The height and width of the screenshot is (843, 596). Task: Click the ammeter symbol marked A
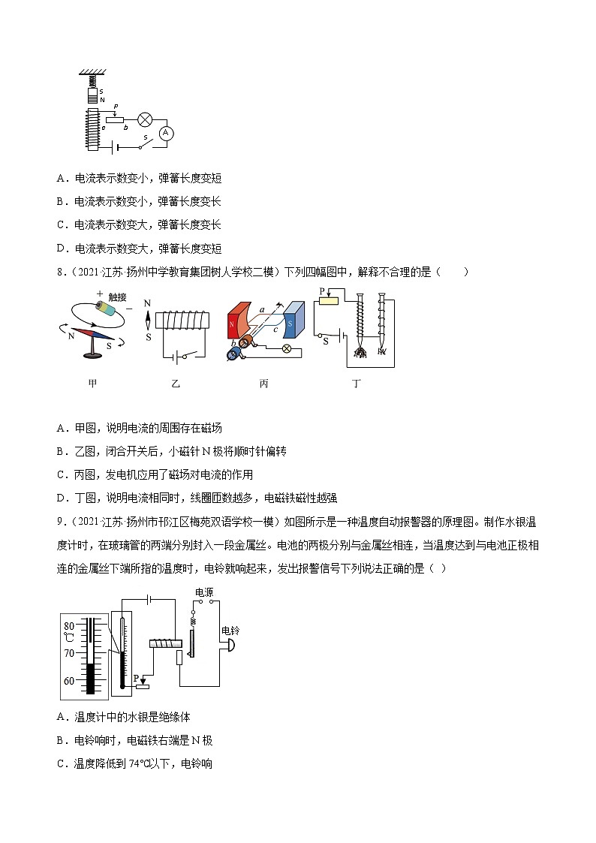tap(168, 132)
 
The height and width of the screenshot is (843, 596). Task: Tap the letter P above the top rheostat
tap(116, 107)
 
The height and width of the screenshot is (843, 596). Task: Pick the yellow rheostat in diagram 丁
tap(330, 301)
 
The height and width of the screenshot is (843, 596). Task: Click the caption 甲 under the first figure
tap(92, 383)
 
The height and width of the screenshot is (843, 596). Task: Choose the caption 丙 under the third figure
tap(263, 383)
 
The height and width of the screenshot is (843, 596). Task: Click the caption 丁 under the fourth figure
tap(357, 383)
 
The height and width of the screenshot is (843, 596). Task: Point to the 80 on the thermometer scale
tap(69, 625)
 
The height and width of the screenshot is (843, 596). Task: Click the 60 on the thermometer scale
tap(69, 681)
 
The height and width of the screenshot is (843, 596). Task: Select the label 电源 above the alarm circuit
tap(204, 592)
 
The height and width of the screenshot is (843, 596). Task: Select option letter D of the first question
tap(60, 248)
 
